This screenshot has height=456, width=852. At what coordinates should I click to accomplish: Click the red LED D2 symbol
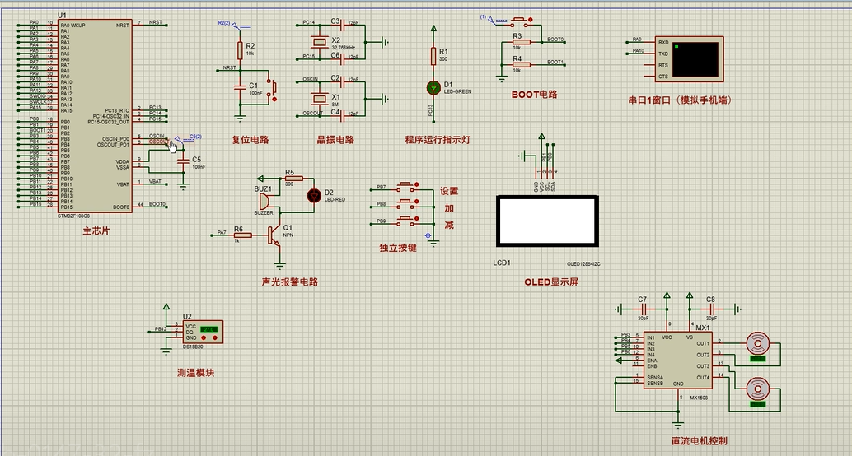pyautogui.click(x=314, y=195)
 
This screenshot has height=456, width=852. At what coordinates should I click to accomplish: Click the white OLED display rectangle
pyautogui.click(x=545, y=221)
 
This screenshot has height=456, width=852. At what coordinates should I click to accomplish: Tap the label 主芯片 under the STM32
pyautogui.click(x=96, y=231)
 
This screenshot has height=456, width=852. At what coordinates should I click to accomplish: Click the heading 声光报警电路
pyautogui.click(x=289, y=282)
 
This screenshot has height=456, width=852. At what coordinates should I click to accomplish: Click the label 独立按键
pyautogui.click(x=398, y=247)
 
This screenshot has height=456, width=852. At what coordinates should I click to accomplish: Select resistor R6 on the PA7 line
pyautogui.click(x=242, y=235)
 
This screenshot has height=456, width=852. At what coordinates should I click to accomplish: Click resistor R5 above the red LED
pyautogui.click(x=293, y=178)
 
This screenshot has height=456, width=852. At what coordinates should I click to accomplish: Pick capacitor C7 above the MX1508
pyautogui.click(x=642, y=308)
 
